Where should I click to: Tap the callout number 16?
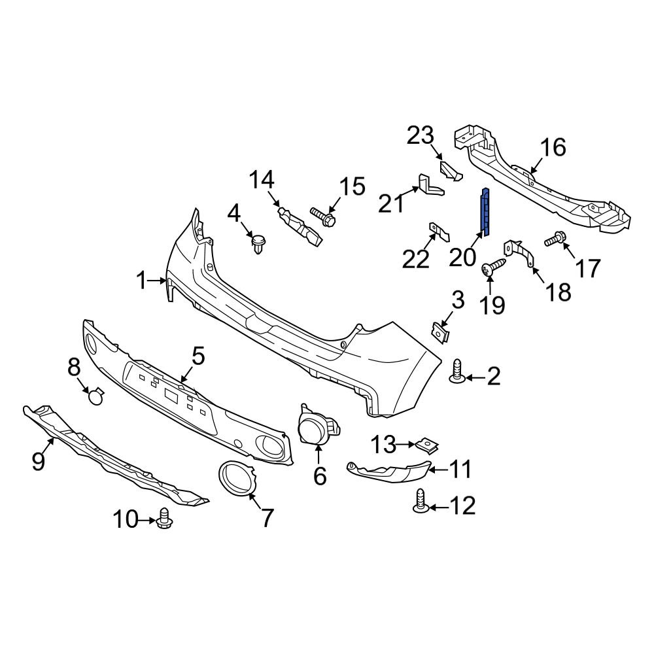(x=553, y=147)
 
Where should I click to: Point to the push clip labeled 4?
(x=259, y=245)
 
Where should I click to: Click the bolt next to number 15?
(x=322, y=217)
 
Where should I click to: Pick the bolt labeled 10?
(x=164, y=519)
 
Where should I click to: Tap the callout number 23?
(x=421, y=136)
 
